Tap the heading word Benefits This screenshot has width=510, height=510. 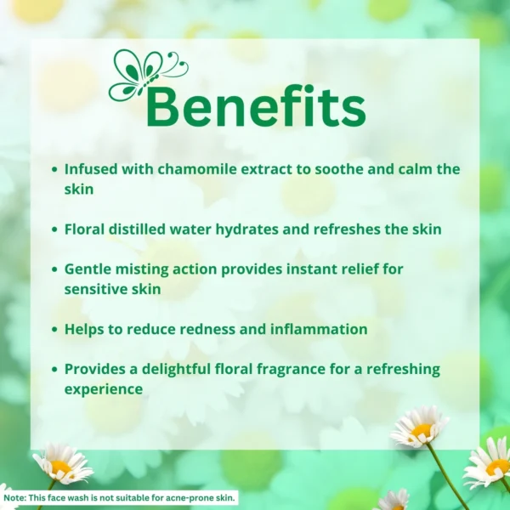[256, 106]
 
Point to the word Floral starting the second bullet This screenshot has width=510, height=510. [84, 229]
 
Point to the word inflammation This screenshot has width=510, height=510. [319, 329]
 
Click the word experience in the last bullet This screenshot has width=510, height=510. [104, 389]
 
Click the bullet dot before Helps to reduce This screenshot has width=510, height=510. [54, 330]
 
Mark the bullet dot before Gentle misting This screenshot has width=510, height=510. [54, 269]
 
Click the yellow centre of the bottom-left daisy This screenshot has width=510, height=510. [60, 468]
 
